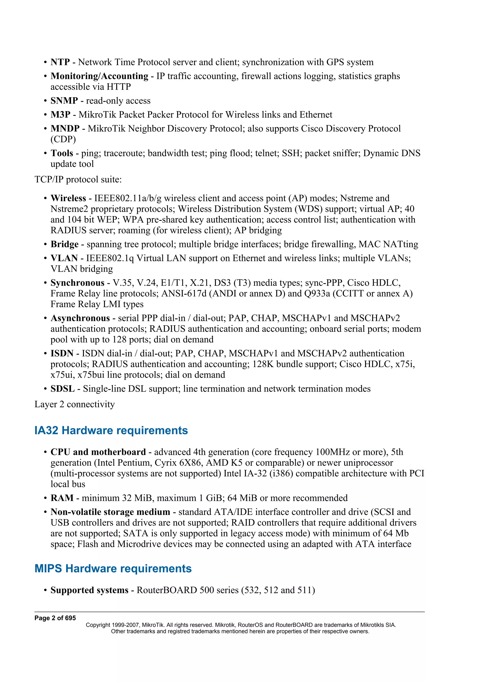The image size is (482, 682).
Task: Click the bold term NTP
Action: tap(60, 62)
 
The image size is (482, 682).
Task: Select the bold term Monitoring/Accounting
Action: tap(99, 76)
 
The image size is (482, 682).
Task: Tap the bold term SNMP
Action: tap(64, 101)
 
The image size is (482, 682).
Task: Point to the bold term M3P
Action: tap(60, 115)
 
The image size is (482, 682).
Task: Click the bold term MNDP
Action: tap(65, 129)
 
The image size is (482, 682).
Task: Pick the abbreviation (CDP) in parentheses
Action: tap(63, 139)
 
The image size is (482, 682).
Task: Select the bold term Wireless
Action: tap(68, 198)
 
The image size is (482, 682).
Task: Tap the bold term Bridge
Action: tap(64, 244)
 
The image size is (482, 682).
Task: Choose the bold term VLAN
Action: tap(64, 258)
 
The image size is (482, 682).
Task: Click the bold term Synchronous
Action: tap(77, 283)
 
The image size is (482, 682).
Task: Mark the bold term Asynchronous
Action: tap(80, 318)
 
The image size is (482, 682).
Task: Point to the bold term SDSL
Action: tap(63, 389)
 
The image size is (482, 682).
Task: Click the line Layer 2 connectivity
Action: tap(75, 404)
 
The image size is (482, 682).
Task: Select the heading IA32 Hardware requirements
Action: tap(111, 430)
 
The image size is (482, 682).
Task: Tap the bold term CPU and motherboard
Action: tap(98, 452)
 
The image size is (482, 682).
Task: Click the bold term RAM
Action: tap(62, 498)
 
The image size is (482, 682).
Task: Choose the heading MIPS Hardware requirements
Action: tap(113, 569)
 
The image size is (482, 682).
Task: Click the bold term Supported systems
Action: tap(89, 590)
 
